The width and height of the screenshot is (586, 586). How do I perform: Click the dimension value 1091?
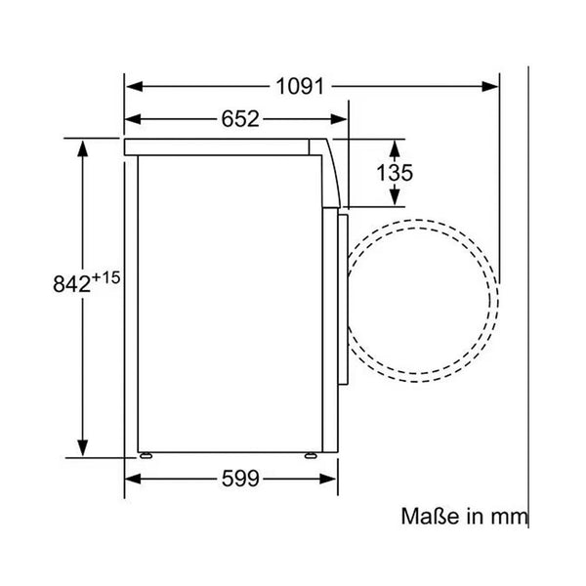point(300,87)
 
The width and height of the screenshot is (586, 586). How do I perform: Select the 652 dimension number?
point(240,119)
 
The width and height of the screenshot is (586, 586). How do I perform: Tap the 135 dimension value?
point(395,173)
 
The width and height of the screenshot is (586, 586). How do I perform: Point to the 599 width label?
point(240,479)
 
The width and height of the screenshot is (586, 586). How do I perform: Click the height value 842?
point(71,284)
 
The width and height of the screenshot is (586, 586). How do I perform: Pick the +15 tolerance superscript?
point(105,277)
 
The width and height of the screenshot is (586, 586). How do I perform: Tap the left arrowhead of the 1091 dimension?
point(135,87)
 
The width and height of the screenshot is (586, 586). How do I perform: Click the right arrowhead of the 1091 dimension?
point(490,87)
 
